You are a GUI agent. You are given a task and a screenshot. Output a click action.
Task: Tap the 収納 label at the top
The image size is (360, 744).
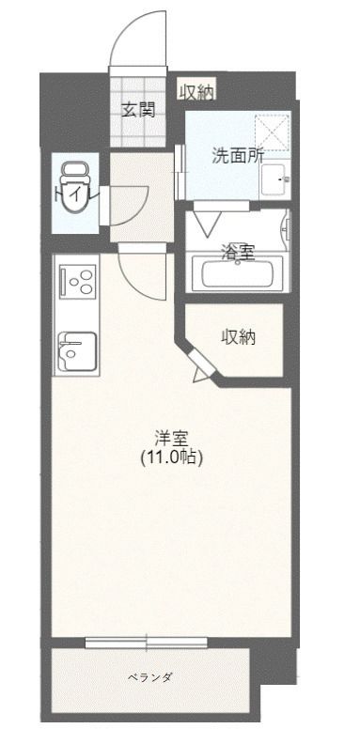tap(196, 91)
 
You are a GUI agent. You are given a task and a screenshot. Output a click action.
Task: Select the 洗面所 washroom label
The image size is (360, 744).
tap(236, 156)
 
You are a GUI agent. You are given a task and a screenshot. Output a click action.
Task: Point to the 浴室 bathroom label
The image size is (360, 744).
tap(236, 251)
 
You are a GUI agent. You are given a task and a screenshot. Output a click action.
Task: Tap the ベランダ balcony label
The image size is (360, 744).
tap(149, 676)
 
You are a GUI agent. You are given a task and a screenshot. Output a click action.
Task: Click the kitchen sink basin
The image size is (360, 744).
tap(76, 353)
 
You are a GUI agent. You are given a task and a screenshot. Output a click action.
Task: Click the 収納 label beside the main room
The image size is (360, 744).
tap(239, 337)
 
